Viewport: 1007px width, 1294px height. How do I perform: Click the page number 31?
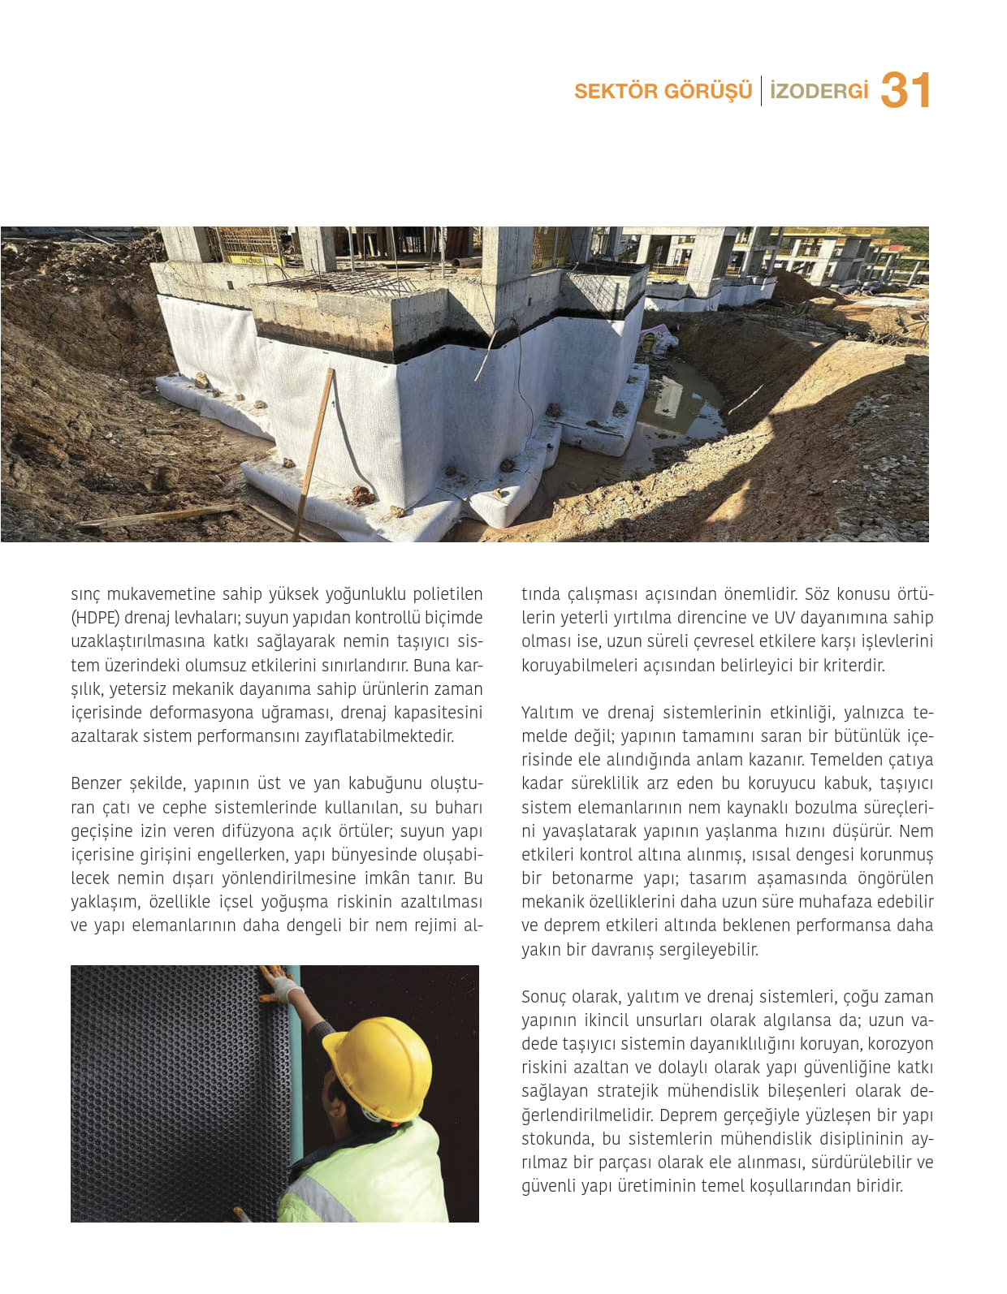(905, 90)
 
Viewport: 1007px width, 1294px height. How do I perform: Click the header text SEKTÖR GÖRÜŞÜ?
(663, 91)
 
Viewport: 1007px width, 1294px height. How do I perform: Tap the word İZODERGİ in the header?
(819, 91)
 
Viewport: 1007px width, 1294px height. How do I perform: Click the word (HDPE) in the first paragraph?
(95, 618)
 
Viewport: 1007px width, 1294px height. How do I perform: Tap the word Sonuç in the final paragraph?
(545, 997)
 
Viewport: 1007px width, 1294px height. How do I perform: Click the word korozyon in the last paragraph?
(901, 1044)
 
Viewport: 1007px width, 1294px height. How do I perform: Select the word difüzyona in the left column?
(251, 831)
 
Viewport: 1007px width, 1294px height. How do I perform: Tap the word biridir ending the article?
(879, 1186)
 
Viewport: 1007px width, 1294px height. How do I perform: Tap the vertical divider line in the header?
(761, 91)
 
